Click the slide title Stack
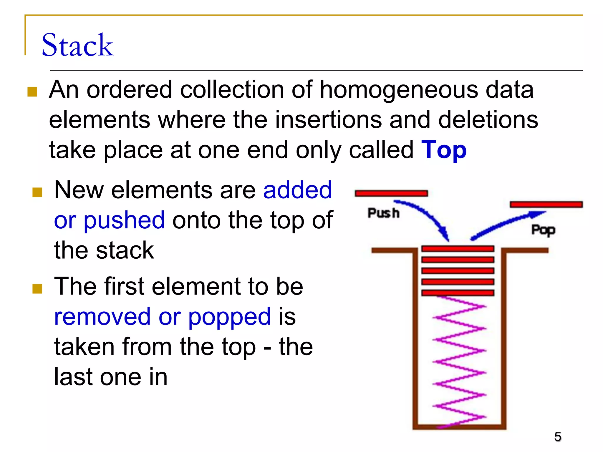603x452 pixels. [77, 45]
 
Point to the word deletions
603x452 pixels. [488, 120]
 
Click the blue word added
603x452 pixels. [297, 190]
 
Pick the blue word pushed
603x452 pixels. [124, 220]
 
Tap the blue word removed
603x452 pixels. [102, 317]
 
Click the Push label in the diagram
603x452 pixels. [383, 213]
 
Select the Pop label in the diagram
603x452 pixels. [543, 230]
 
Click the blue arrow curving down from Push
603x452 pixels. [427, 216]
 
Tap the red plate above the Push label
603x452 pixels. [391, 193]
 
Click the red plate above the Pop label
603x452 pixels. [546, 204]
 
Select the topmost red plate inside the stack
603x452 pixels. [458, 249]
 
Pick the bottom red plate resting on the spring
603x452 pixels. [458, 293]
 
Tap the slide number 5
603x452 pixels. [557, 437]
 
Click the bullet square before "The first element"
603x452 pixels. [37, 288]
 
